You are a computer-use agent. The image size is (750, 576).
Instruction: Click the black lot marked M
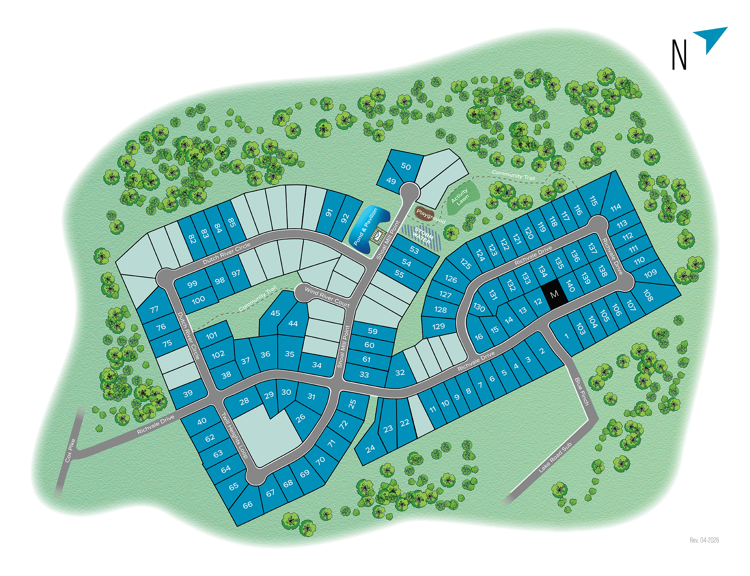point(554,294)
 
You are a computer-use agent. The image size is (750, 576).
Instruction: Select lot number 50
point(406,166)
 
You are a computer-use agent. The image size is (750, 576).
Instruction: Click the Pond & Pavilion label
point(366,227)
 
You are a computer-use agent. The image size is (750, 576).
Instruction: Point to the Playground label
point(430,215)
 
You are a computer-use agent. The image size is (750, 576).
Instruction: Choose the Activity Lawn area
point(461,197)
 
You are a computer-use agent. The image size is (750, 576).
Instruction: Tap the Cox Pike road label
point(70,450)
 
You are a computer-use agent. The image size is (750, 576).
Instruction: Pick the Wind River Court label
point(327,297)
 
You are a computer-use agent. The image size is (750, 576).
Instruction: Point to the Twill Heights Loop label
point(234,435)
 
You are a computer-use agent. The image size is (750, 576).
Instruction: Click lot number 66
point(247,505)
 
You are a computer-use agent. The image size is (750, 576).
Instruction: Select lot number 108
point(648,296)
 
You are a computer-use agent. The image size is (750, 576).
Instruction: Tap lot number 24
point(370,449)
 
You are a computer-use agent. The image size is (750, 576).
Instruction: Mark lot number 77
point(154,309)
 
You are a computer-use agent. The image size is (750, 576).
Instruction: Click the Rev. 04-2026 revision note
point(704,540)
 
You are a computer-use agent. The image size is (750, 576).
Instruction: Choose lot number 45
point(275,313)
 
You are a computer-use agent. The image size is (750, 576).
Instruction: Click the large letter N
point(679,54)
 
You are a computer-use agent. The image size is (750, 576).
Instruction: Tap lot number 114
point(616,207)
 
